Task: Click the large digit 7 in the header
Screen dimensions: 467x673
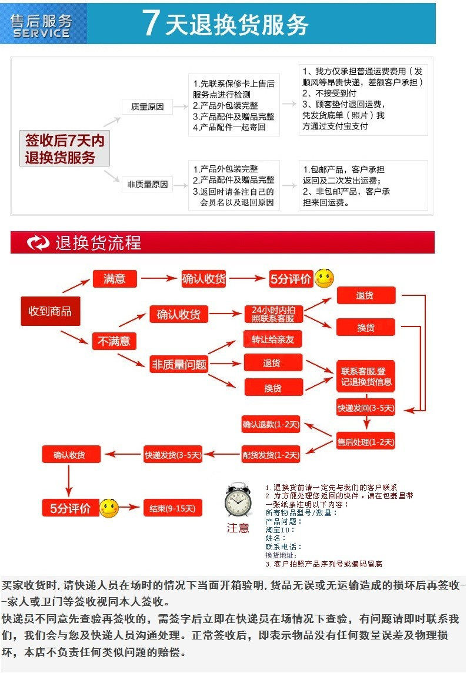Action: point(151,24)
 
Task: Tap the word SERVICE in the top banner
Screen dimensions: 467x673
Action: point(41,34)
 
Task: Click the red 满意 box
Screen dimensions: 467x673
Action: point(114,279)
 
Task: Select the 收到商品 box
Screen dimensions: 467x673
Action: point(50,311)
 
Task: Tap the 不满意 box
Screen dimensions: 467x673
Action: point(114,341)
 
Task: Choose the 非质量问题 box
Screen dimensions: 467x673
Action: point(179,364)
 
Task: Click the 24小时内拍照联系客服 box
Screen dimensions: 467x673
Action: point(273,314)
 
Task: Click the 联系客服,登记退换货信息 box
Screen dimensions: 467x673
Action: point(365,377)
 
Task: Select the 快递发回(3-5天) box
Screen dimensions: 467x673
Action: point(365,407)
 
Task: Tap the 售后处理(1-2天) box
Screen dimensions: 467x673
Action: point(365,441)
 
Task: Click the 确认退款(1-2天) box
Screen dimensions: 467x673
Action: point(271,424)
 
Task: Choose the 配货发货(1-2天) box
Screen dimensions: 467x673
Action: point(271,455)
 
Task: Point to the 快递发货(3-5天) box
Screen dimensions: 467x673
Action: point(173,454)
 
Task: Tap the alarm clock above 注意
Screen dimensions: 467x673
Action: point(238,501)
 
